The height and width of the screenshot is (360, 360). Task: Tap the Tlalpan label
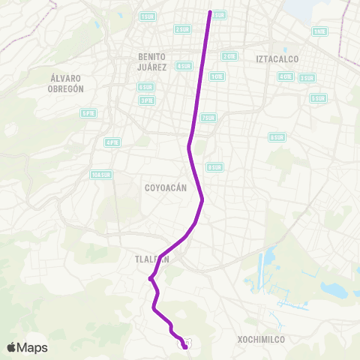tap(153, 259)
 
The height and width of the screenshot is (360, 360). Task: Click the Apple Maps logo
tap(27, 347)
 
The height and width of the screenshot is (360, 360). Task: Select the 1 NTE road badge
tap(319, 31)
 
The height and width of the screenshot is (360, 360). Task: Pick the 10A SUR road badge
tap(100, 175)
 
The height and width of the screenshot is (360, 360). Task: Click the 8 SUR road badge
tap(277, 137)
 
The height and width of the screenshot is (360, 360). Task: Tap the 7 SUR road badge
tap(208, 117)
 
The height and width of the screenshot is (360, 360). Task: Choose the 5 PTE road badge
tap(88, 113)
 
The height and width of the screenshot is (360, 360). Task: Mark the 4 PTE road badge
tap(112, 142)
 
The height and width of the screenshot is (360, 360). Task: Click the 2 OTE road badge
tap(229, 56)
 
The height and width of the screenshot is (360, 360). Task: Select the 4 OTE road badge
tap(285, 76)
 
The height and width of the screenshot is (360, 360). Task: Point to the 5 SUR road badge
tap(318, 98)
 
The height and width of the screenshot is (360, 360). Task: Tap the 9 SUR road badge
tap(214, 166)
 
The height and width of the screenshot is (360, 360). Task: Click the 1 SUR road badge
tap(147, 16)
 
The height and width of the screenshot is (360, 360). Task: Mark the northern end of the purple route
tap(211, 11)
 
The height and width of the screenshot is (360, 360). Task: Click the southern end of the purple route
tap(184, 346)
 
